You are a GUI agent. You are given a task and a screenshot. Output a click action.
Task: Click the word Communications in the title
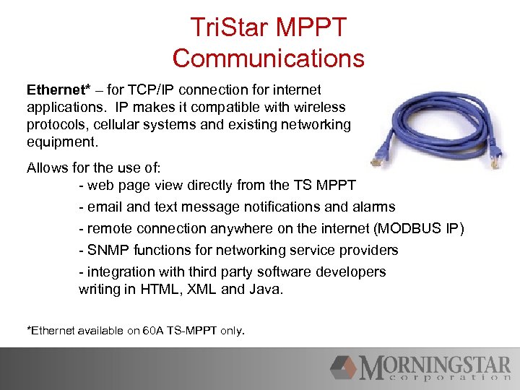(269, 57)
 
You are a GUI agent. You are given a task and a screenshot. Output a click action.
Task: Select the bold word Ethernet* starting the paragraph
(58, 90)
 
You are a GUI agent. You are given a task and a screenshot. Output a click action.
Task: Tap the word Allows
(48, 168)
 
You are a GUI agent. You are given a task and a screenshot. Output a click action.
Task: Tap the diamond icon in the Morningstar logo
(344, 368)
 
